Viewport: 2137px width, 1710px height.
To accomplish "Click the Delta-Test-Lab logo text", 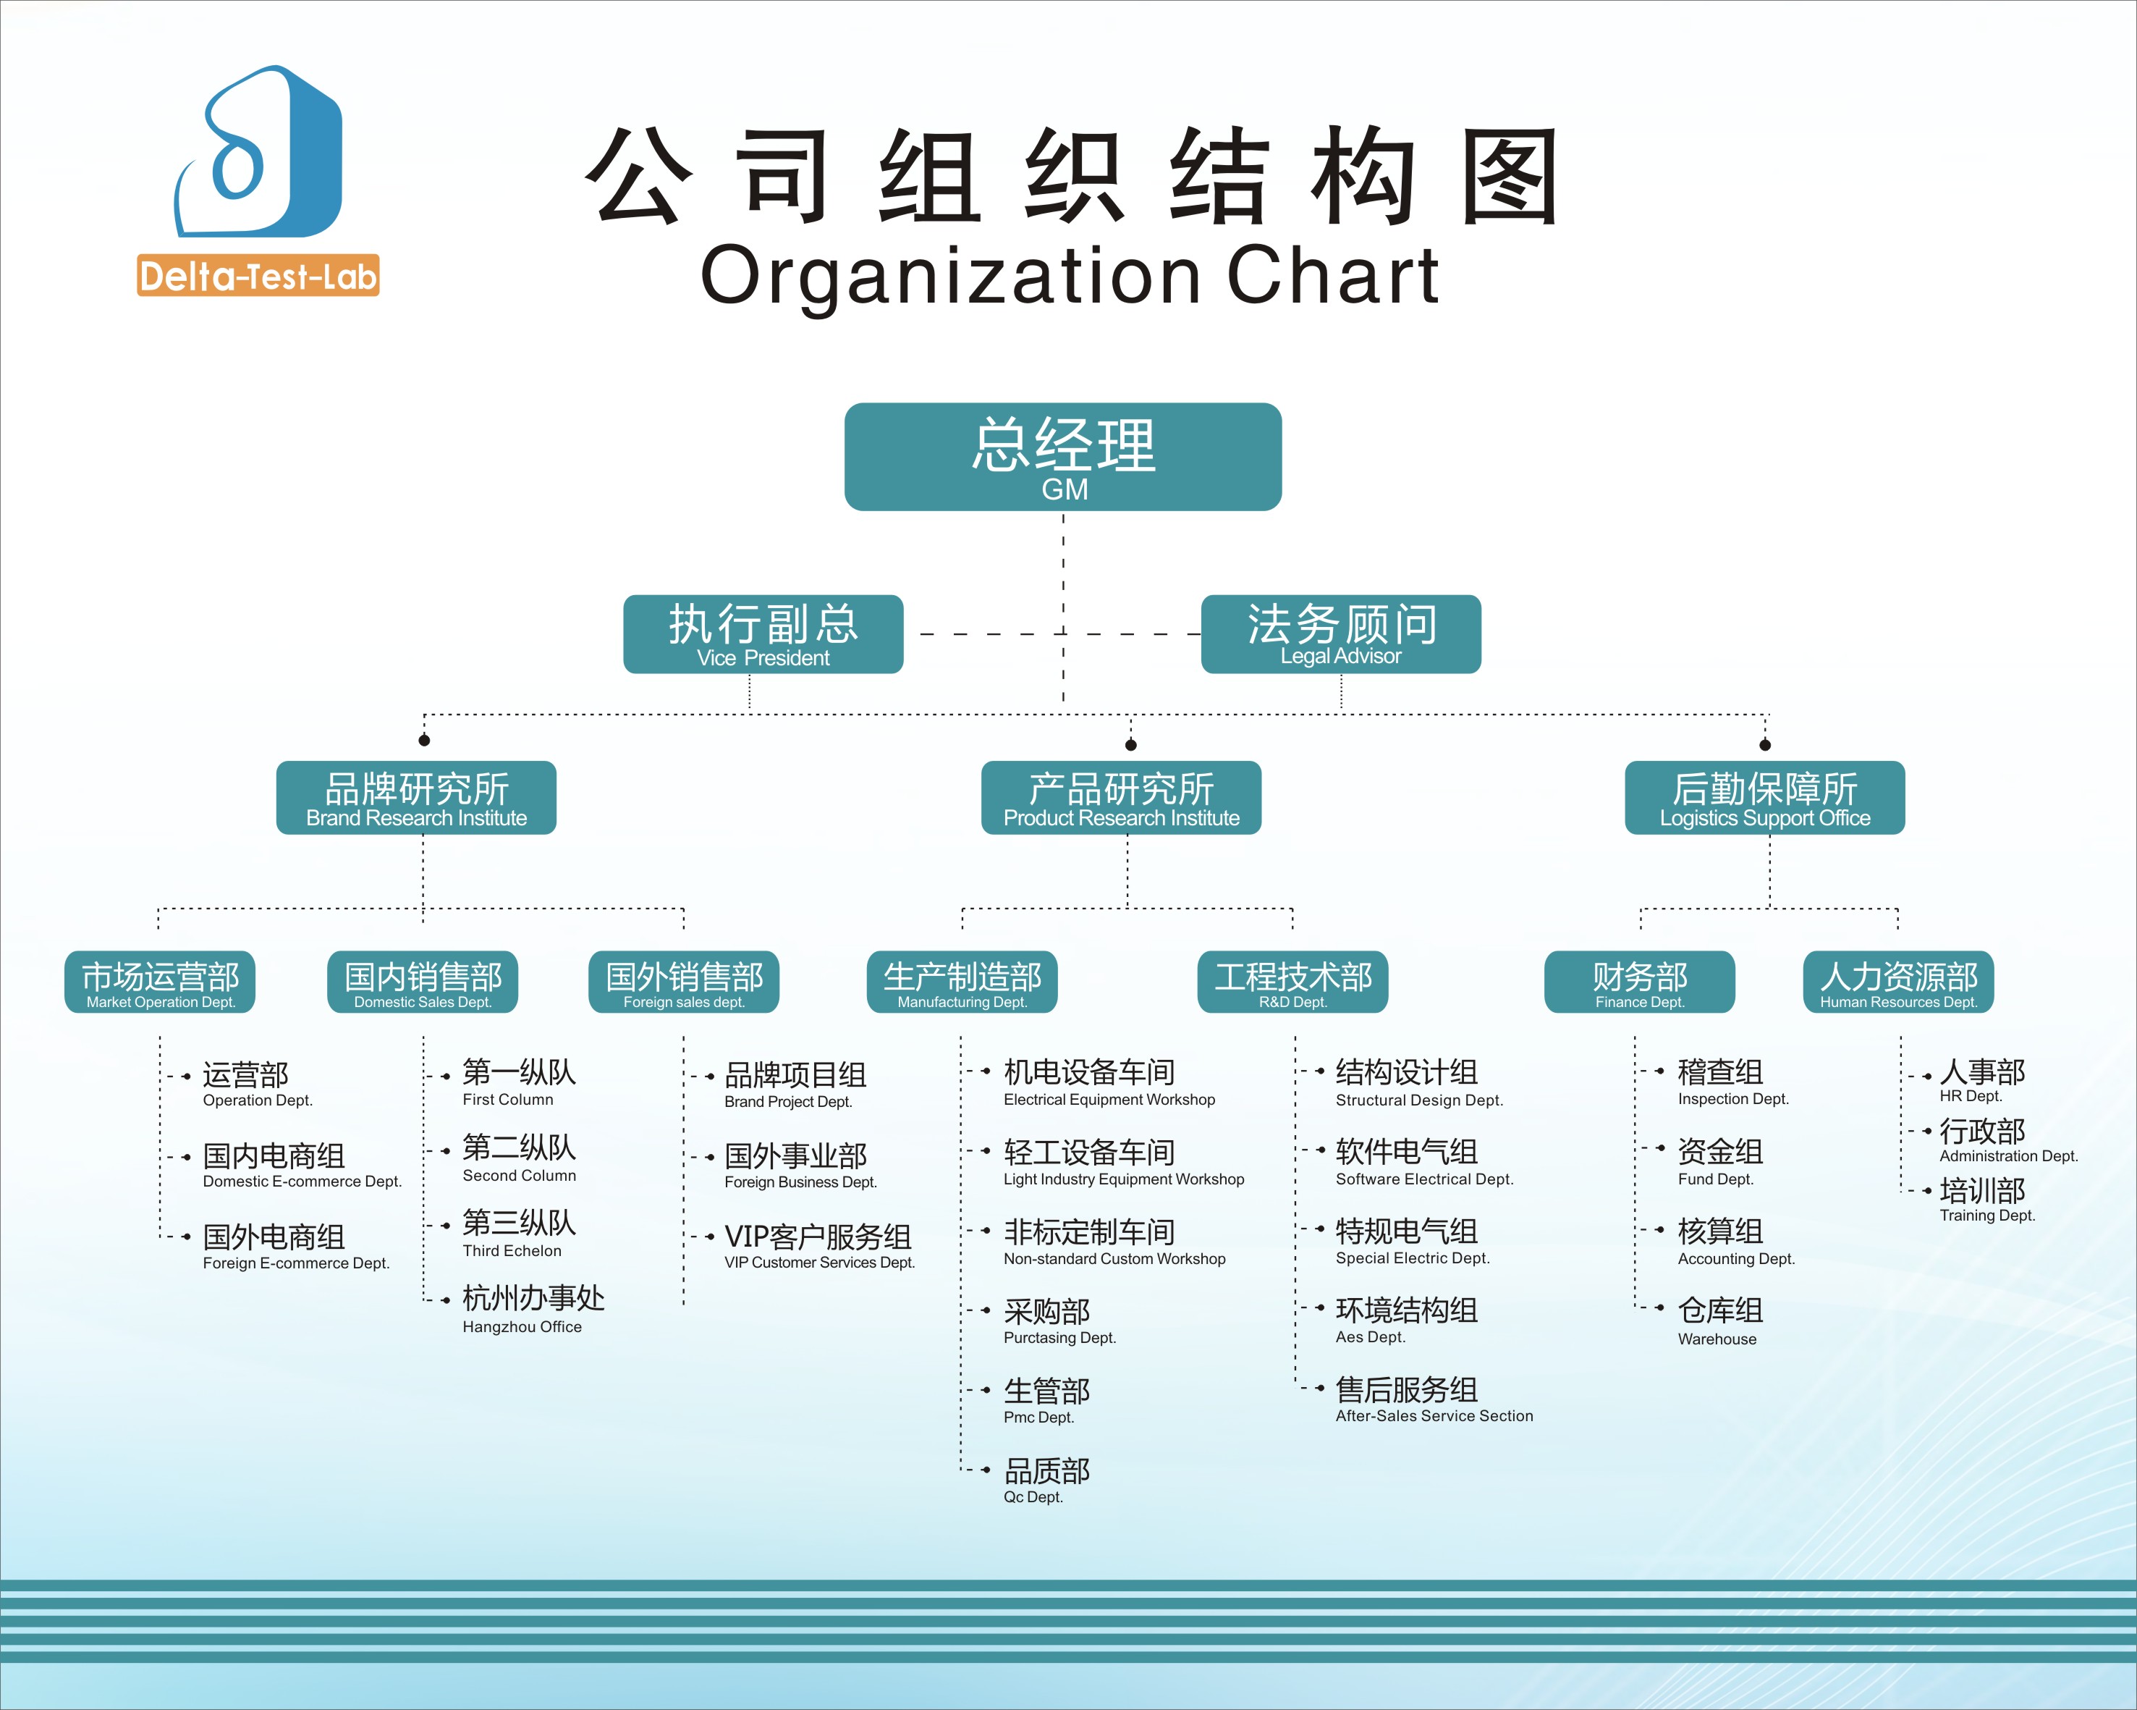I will [x=258, y=276].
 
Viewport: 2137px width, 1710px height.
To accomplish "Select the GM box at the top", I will [x=1062, y=457].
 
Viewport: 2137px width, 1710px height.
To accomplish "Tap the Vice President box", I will [x=763, y=634].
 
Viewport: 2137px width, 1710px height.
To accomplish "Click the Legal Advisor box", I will [x=1340, y=634].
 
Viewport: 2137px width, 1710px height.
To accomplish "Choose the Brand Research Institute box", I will [x=416, y=798].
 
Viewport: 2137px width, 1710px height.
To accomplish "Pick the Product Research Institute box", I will [x=1121, y=798].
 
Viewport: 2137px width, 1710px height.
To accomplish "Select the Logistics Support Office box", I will [x=1764, y=798].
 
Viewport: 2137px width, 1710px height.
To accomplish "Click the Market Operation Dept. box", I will [x=160, y=982].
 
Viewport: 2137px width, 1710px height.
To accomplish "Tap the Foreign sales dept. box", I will [x=684, y=982].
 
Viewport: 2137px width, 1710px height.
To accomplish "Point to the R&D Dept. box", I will [x=1292, y=982].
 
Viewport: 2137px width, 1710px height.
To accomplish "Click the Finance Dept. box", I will [x=1639, y=982].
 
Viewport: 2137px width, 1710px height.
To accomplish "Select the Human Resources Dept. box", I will [x=1898, y=982].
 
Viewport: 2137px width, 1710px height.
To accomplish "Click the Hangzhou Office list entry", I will [x=533, y=1308].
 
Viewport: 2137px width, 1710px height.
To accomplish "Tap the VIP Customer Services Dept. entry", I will [x=818, y=1246].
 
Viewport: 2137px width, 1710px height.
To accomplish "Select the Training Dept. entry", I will [x=1985, y=1200].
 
